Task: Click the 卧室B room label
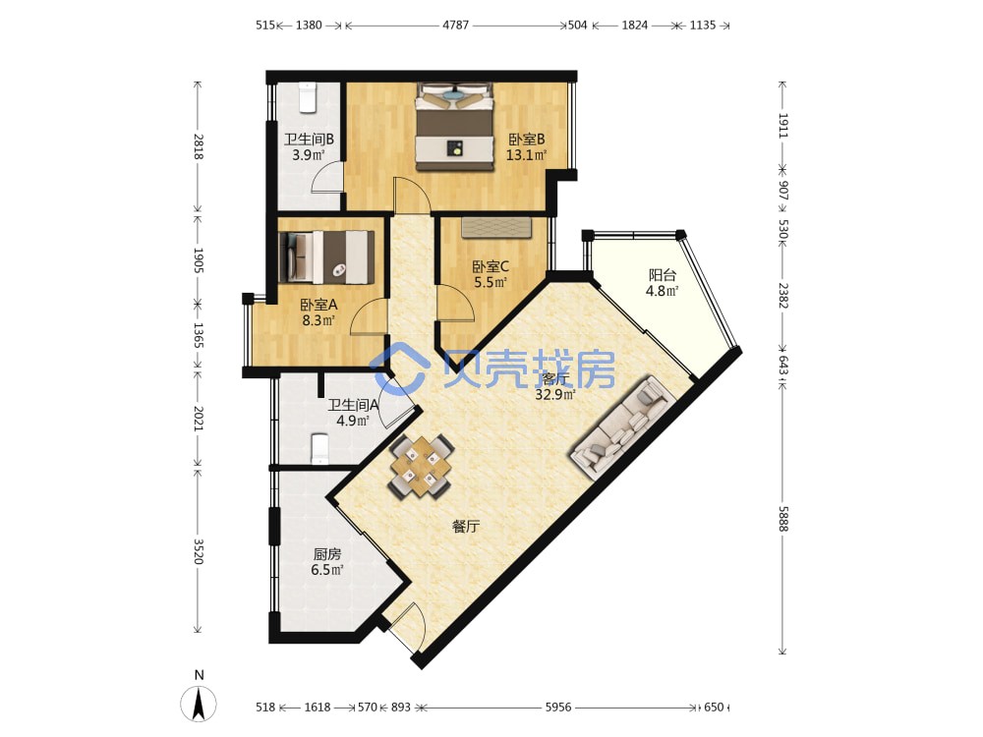click(526, 139)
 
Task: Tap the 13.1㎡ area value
click(526, 155)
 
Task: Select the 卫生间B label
click(309, 139)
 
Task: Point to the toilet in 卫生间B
click(307, 97)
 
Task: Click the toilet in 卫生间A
click(319, 449)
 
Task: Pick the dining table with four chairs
click(422, 466)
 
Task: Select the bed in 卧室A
click(326, 256)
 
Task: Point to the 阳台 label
click(662, 274)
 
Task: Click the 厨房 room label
click(327, 554)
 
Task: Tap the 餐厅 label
click(466, 527)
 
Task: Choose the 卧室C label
click(491, 266)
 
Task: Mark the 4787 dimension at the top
click(456, 26)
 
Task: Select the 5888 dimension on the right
click(782, 519)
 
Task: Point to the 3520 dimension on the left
click(199, 551)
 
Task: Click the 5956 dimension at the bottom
click(558, 707)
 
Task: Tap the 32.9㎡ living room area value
click(555, 395)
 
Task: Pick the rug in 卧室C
click(495, 228)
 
